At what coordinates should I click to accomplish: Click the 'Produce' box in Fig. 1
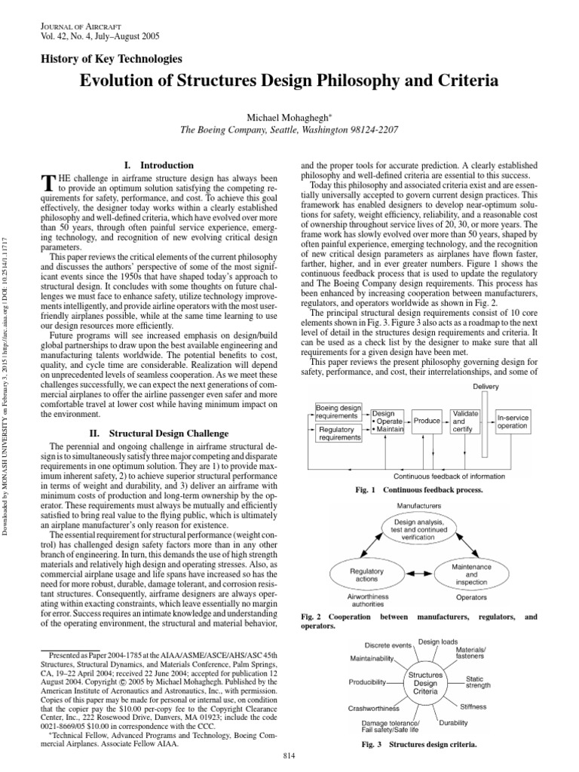427,421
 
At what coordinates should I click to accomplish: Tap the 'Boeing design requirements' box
339,412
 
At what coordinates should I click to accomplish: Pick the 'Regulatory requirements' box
339,433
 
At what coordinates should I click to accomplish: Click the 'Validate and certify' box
465,421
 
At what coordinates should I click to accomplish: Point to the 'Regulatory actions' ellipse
368,574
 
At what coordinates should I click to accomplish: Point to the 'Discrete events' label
388,645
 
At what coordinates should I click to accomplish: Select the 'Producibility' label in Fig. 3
367,682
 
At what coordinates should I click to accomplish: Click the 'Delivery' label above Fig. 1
486,387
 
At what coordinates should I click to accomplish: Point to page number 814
289,755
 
